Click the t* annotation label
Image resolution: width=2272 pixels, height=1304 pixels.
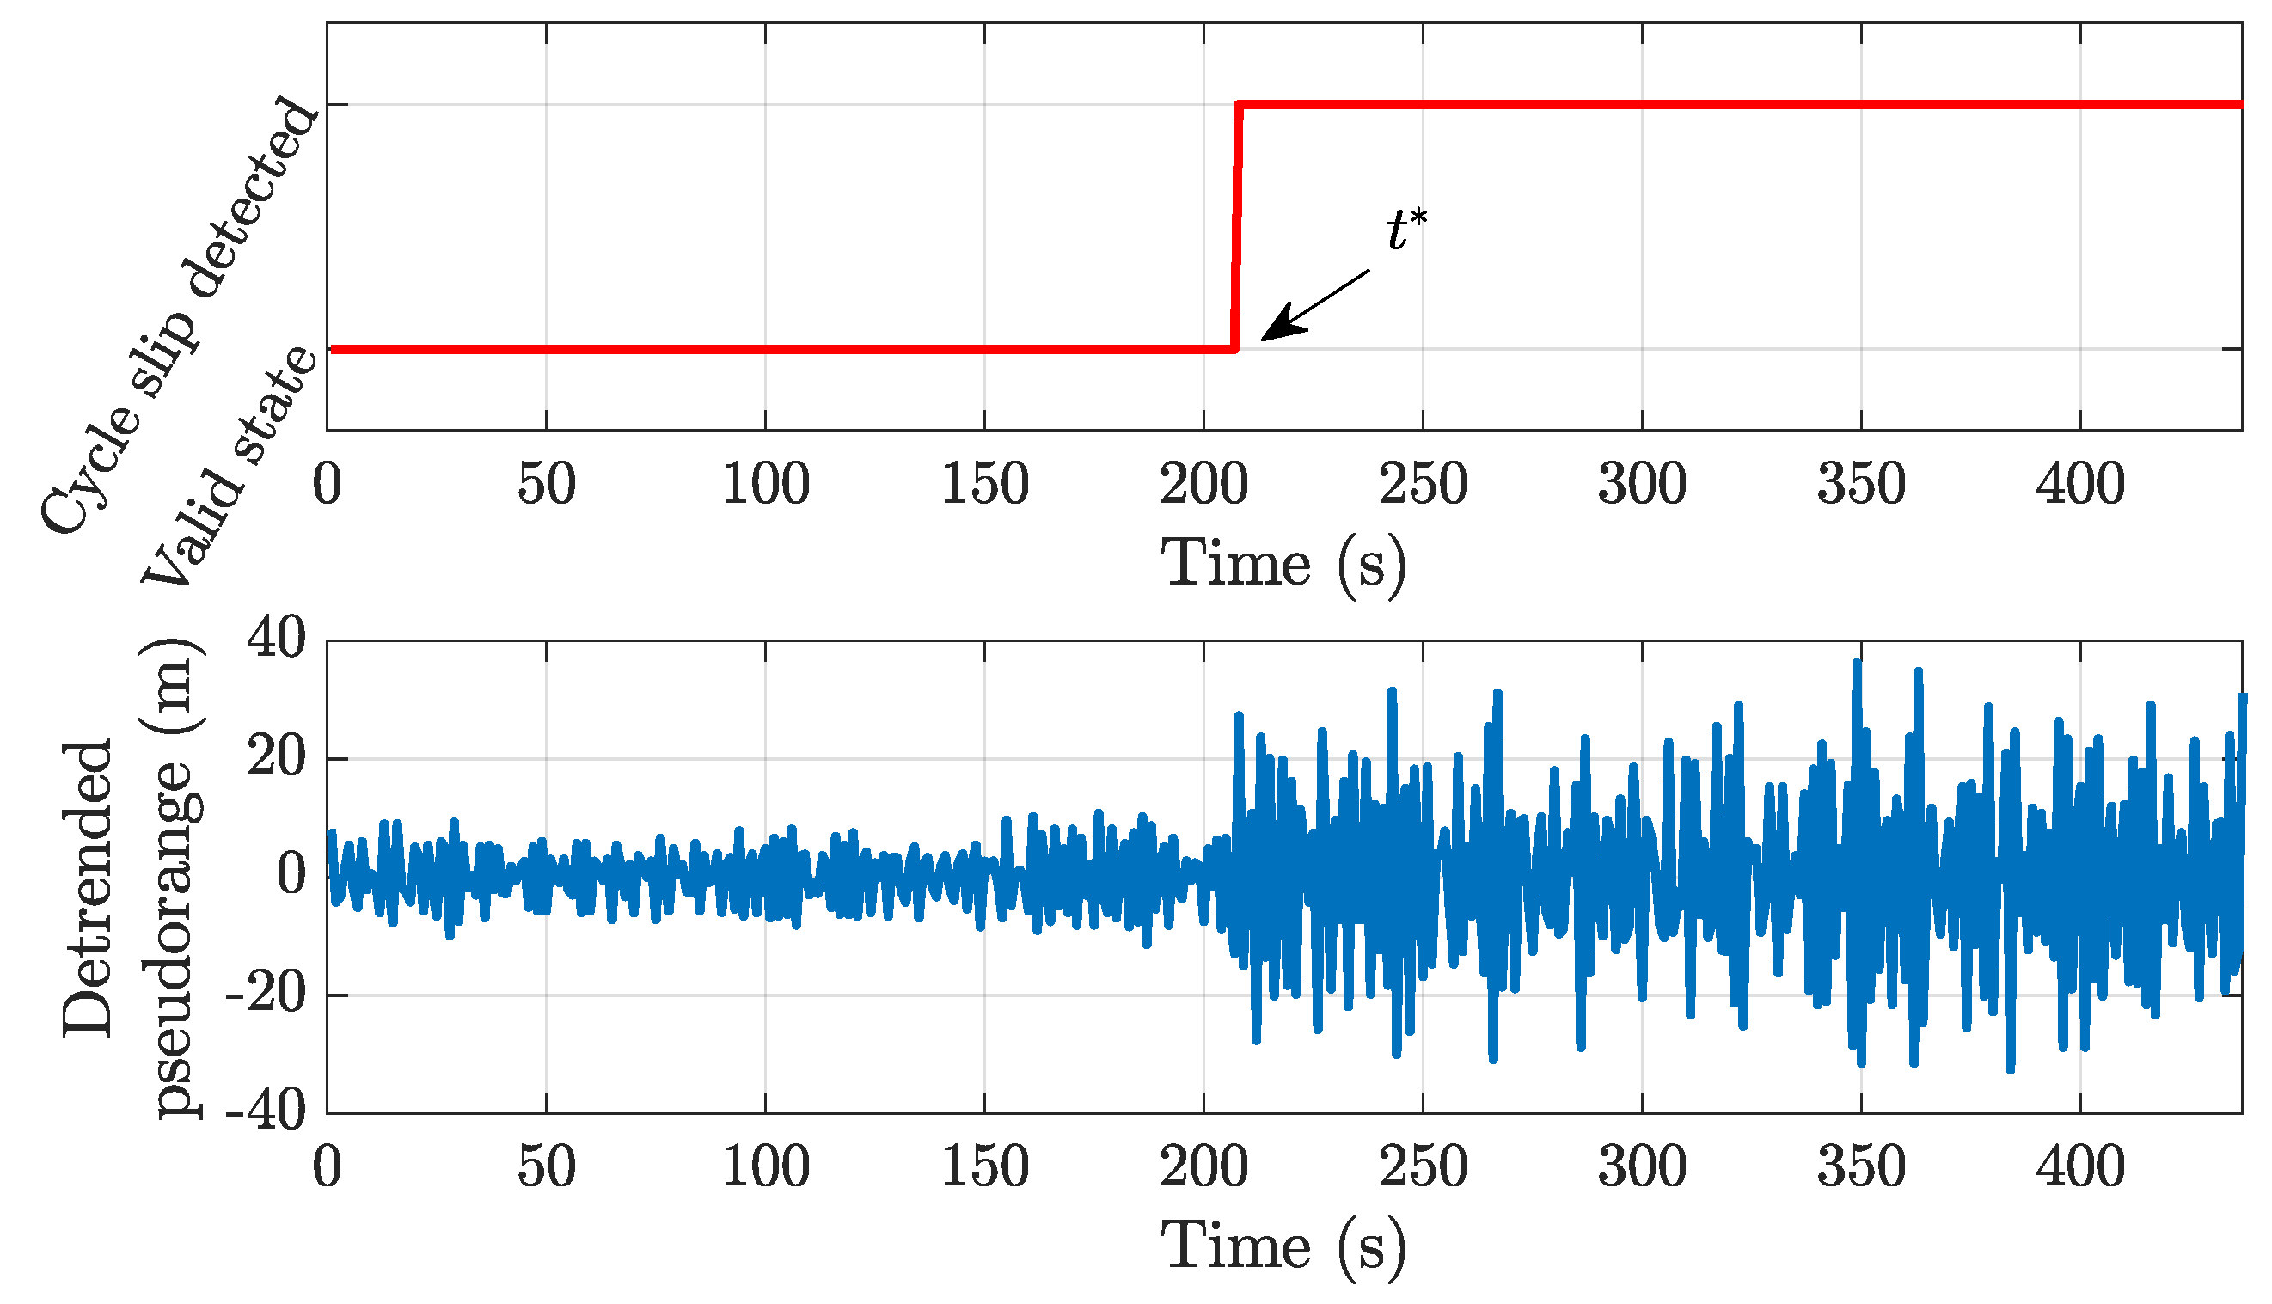click(x=1406, y=230)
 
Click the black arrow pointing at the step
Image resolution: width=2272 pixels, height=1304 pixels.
click(x=1314, y=305)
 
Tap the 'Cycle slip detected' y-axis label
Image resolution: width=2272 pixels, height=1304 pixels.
click(x=179, y=314)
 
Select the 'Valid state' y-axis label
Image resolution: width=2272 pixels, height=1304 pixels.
click(x=230, y=467)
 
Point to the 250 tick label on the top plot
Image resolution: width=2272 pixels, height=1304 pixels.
click(x=1422, y=485)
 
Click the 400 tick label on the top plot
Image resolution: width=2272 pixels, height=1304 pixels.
click(x=2079, y=485)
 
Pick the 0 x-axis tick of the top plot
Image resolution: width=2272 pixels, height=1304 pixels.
click(x=327, y=485)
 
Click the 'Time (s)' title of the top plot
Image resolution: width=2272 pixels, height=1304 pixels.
click(x=1283, y=563)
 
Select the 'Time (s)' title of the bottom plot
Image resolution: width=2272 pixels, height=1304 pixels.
click(x=1283, y=1246)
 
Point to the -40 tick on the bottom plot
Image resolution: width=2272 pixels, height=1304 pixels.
click(x=265, y=1112)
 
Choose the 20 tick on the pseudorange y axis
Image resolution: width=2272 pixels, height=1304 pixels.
click(x=276, y=757)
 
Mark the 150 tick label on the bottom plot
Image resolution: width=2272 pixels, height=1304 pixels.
click(x=984, y=1167)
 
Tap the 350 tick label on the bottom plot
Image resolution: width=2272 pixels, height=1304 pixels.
click(x=1860, y=1167)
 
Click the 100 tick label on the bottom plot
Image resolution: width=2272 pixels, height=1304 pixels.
click(x=765, y=1167)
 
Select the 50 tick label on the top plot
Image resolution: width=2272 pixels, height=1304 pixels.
click(x=545, y=485)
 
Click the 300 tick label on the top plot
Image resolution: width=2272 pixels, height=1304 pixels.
click(x=1642, y=485)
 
